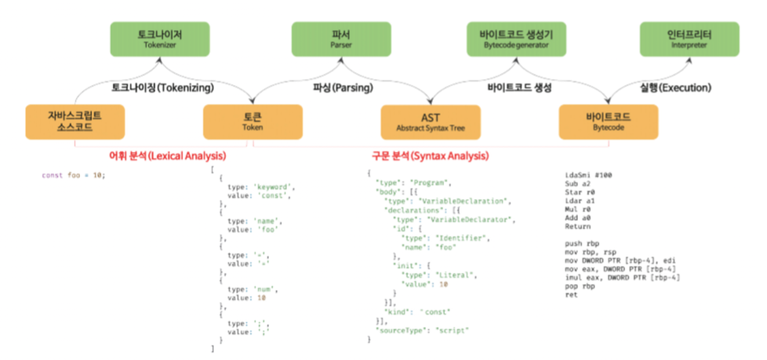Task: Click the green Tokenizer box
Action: click(x=150, y=40)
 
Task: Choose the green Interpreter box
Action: click(x=686, y=40)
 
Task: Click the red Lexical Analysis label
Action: click(x=168, y=155)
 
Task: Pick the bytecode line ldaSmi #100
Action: click(x=589, y=175)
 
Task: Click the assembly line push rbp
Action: click(x=581, y=243)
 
